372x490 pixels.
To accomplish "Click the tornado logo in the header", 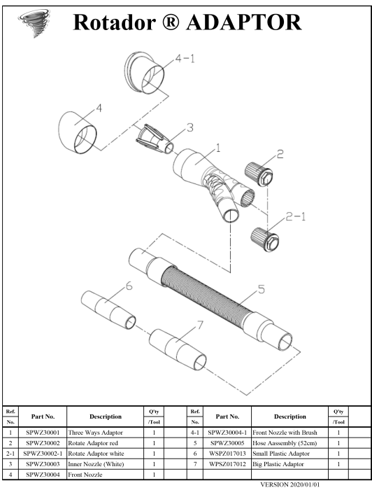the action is [34, 22].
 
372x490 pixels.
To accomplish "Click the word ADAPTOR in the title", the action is [244, 22].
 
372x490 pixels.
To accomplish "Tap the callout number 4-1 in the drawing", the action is [185, 58].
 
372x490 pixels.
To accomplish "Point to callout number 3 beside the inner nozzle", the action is [189, 127].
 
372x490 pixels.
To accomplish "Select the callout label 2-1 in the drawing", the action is [296, 216].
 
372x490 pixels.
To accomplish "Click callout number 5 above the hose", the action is [261, 289].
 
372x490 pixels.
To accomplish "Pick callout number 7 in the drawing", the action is [200, 325].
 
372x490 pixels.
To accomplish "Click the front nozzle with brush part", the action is [144, 73].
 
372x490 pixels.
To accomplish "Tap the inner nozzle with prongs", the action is [155, 139].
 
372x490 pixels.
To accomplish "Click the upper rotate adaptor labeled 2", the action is [259, 174].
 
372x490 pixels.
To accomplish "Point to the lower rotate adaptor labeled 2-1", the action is [264, 239].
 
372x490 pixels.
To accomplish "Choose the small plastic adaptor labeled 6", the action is [108, 309].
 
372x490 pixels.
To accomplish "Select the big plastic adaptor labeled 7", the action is [178, 349].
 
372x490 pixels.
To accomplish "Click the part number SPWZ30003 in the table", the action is [43, 464].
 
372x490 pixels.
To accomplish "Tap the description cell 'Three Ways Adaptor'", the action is [96, 433].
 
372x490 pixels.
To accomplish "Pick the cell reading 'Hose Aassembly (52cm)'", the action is [285, 443].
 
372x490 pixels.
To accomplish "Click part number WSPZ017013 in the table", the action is [227, 454].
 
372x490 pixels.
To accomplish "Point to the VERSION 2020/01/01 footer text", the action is [290, 484].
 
